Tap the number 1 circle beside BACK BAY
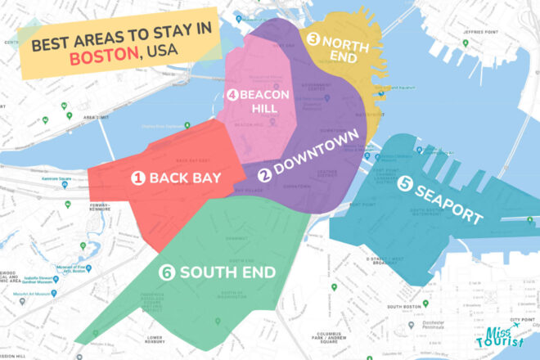point(138,178)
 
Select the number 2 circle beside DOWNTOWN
point(265,175)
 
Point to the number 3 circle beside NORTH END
point(313,37)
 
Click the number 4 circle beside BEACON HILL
point(233,95)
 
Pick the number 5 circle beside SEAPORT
point(404,185)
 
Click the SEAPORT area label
point(450,201)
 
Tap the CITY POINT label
point(522,319)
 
